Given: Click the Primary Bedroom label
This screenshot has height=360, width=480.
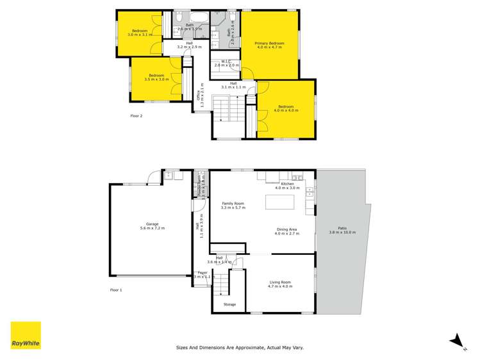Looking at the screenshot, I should pyautogui.click(x=269, y=44).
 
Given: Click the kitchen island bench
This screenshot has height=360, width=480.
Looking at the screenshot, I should pyautogui.click(x=281, y=202).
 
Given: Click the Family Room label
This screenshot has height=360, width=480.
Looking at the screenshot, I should pyautogui.click(x=233, y=206).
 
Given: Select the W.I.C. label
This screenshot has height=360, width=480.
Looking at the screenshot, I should pyautogui.click(x=226, y=63).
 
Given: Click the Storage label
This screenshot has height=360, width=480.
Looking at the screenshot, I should pyautogui.click(x=229, y=304).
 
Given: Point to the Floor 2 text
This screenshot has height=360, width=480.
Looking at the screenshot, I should pyautogui.click(x=136, y=116).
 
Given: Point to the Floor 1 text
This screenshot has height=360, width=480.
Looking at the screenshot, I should pyautogui.click(x=115, y=290).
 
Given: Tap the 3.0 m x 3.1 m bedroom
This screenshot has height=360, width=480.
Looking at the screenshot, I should pyautogui.click(x=140, y=33).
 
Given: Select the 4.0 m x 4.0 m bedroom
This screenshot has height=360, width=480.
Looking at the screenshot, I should pyautogui.click(x=286, y=109).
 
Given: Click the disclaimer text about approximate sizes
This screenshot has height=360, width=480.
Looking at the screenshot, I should pyautogui.click(x=240, y=347).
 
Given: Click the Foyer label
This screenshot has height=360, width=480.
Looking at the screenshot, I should pyautogui.click(x=202, y=274).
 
